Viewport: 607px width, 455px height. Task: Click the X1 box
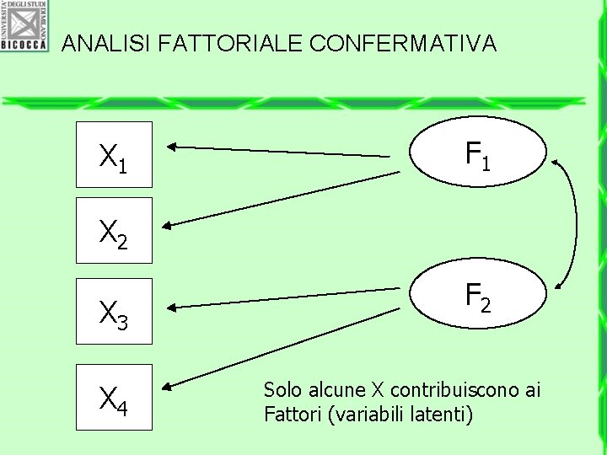click(114, 155)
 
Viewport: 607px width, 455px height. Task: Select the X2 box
click(114, 230)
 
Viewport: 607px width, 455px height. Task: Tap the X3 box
click(114, 311)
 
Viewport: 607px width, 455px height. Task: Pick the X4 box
click(114, 396)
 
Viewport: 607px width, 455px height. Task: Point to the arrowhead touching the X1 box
click(169, 147)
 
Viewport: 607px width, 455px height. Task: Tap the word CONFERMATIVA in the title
click(403, 44)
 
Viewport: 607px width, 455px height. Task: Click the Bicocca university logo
click(24, 25)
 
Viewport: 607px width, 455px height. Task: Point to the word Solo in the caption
click(282, 390)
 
